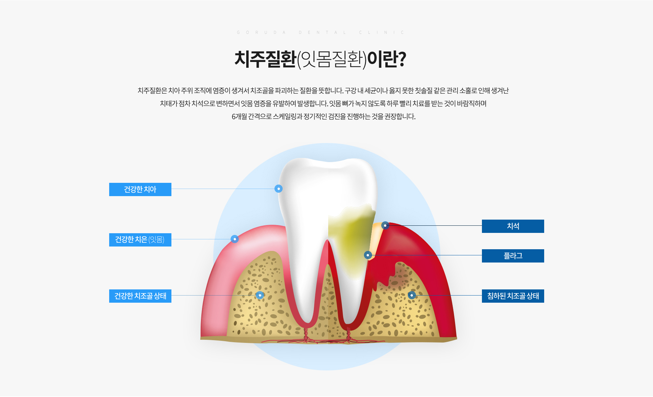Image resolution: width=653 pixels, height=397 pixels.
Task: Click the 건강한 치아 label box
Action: click(140, 189)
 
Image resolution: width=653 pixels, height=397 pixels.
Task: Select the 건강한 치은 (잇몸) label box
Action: click(140, 240)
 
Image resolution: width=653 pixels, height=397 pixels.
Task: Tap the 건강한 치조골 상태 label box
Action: click(140, 296)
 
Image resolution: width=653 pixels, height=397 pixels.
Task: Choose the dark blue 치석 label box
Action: click(513, 226)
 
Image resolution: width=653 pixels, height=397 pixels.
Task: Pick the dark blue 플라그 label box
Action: click(513, 256)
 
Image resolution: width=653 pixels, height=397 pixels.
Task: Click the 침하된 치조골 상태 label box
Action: click(513, 296)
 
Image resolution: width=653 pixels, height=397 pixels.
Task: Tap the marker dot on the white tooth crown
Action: click(279, 189)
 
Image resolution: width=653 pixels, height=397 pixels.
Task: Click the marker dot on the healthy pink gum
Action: click(235, 239)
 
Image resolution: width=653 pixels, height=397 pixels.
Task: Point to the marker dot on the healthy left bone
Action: click(260, 295)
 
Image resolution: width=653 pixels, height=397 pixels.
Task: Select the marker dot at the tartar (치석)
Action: click(385, 225)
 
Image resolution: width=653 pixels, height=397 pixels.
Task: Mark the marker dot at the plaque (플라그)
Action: click(368, 255)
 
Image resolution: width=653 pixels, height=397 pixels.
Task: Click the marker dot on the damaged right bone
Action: click(412, 295)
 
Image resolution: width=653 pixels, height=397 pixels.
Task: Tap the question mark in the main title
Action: click(402, 59)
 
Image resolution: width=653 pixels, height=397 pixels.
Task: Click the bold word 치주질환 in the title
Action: click(265, 59)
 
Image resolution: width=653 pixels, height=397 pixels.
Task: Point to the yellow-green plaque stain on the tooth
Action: click(350, 238)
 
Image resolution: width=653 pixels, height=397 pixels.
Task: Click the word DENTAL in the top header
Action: click(322, 32)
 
